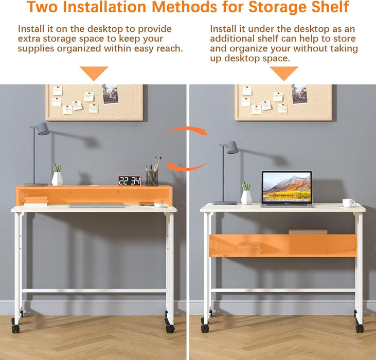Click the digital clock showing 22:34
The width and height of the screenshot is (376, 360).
click(x=129, y=181)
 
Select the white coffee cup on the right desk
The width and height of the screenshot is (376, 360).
click(x=348, y=203)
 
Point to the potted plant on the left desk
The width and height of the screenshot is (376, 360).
click(x=57, y=175)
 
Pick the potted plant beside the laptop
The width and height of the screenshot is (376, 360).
click(x=246, y=193)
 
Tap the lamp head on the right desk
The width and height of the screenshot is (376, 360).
click(x=231, y=148)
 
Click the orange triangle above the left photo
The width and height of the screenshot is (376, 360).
click(x=94, y=73)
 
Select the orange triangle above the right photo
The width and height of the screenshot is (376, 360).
click(x=283, y=73)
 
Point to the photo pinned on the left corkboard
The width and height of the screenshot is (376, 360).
click(x=110, y=94)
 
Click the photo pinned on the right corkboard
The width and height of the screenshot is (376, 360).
click(x=299, y=94)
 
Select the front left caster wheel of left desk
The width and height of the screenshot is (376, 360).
click(x=16, y=328)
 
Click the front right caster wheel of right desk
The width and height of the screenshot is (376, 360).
click(x=360, y=328)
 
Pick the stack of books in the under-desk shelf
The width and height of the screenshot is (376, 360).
click(x=249, y=247)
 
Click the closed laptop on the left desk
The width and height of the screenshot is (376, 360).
click(x=96, y=205)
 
